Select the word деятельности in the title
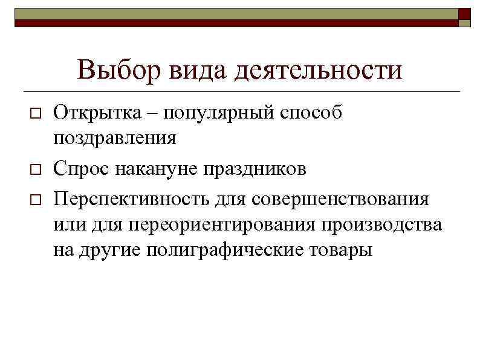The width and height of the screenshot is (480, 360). pyautogui.click(x=319, y=71)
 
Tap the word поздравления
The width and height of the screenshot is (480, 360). pyautogui.click(x=115, y=139)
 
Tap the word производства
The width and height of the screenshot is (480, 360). pyautogui.click(x=381, y=225)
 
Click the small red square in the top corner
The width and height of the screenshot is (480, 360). pyautogui.click(x=464, y=13)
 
